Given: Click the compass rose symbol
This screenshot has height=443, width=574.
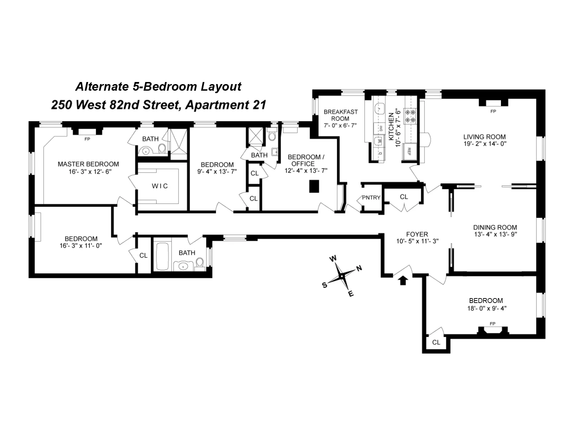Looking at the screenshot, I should click(x=342, y=276).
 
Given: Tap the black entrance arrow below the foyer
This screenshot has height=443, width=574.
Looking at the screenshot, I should click(x=403, y=280).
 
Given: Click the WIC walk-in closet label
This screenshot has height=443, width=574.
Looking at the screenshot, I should click(x=160, y=186).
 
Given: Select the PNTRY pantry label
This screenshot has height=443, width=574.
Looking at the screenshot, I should click(x=371, y=198).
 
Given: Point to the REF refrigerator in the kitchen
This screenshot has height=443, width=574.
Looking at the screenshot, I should click(x=409, y=151).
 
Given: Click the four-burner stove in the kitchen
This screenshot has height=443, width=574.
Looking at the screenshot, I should click(x=409, y=116).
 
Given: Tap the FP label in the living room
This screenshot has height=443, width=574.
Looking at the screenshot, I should click(x=493, y=112).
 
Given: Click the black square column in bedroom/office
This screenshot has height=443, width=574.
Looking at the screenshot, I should click(x=314, y=186).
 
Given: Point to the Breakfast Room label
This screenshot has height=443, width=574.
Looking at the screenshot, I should click(x=340, y=115).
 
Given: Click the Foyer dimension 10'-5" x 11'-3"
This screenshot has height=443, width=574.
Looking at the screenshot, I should click(x=417, y=241).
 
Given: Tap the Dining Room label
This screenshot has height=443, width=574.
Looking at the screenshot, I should click(x=495, y=228).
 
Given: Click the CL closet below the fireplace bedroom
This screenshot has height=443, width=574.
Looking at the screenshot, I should click(x=436, y=342).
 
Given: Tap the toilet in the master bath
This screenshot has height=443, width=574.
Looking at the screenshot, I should click(x=162, y=150).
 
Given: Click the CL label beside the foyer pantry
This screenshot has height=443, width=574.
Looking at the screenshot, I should click(x=404, y=197).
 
